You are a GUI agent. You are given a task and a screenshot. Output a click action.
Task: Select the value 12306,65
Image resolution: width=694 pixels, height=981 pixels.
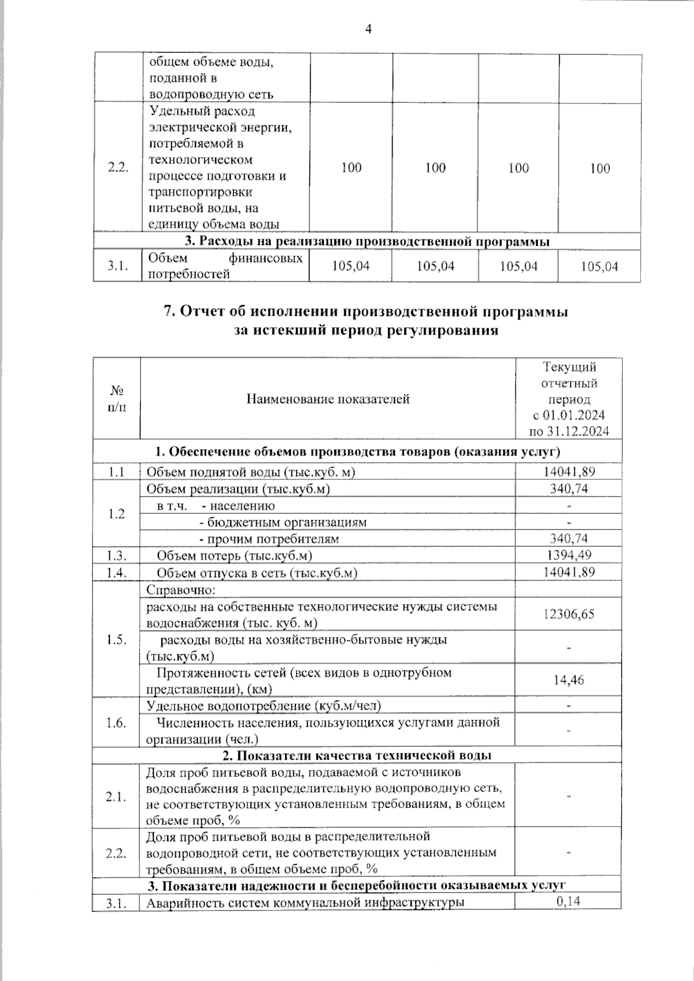569,614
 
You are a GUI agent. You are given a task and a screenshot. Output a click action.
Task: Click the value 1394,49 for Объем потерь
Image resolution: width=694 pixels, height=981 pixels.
569,555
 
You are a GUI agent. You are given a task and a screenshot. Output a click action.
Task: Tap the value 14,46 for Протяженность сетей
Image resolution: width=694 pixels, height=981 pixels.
569,680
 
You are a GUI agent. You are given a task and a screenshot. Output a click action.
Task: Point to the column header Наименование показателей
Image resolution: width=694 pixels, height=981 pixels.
328,399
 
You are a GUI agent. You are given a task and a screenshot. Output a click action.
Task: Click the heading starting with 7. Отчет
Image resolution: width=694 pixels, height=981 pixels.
366,312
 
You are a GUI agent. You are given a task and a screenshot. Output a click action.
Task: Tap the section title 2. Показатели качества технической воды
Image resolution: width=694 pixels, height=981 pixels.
357,755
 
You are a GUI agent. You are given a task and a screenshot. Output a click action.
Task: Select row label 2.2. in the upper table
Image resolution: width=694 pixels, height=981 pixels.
118,168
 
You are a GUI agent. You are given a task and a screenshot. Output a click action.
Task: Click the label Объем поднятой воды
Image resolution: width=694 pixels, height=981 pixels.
251,472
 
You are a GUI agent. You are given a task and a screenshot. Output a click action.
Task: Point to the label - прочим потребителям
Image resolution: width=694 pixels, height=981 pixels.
268,539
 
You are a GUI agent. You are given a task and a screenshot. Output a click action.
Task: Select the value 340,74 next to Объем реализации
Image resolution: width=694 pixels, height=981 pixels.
569,489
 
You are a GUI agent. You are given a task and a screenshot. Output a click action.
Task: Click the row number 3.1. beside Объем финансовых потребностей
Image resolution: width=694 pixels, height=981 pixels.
118,266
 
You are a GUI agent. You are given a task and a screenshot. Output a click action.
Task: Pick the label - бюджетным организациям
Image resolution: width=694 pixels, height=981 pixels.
283,522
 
